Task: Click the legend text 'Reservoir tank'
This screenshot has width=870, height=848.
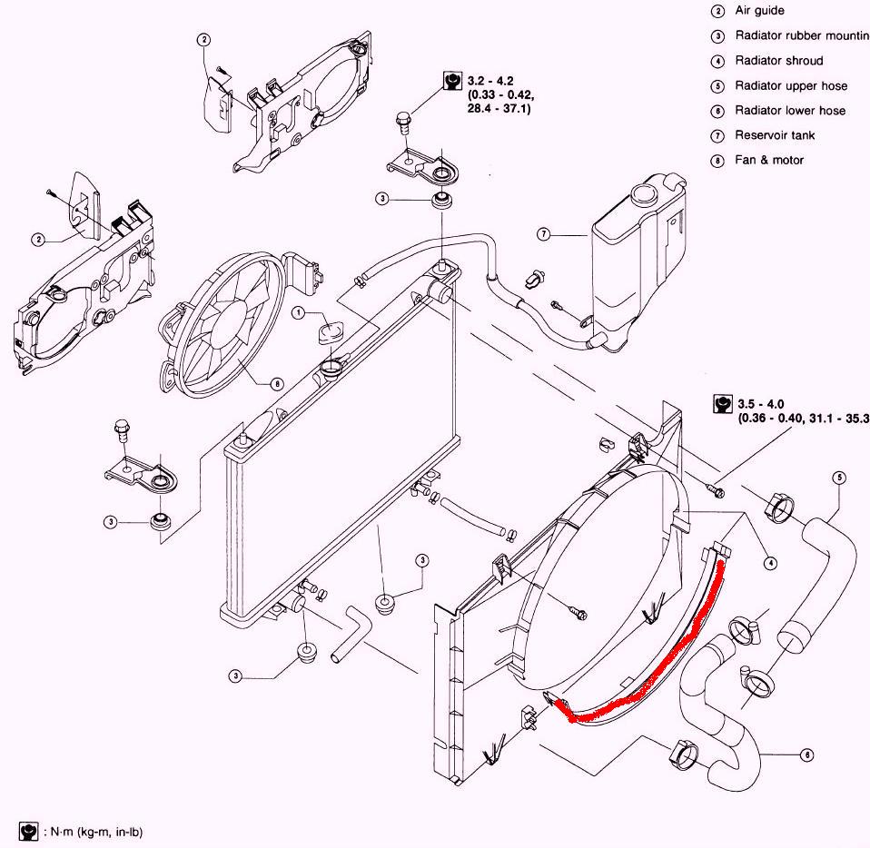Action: [775, 135]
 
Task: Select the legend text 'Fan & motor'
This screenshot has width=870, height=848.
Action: [769, 160]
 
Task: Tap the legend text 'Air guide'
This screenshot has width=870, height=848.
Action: [759, 11]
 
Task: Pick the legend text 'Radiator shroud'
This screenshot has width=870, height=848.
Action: [778, 61]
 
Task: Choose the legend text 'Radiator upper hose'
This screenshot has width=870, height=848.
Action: [791, 85]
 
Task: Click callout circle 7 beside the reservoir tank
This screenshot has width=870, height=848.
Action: [543, 234]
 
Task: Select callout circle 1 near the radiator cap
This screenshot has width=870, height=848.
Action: [299, 312]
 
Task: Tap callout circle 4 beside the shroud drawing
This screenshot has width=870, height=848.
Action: [770, 563]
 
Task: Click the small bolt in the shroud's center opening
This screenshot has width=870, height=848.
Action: [577, 612]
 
